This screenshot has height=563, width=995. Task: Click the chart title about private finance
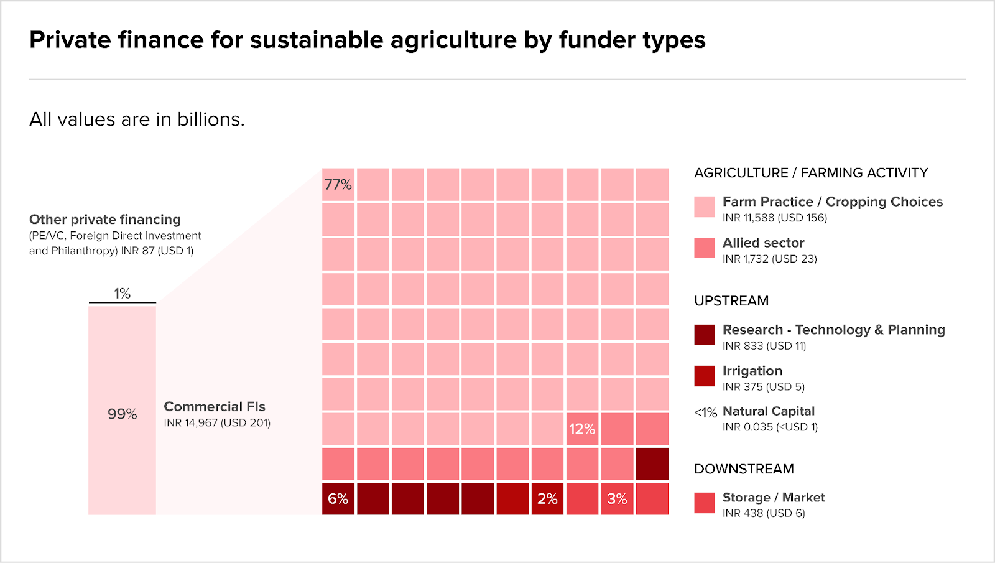coord(367,40)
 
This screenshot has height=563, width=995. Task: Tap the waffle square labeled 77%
coord(338,185)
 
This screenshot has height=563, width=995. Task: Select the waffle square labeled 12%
coord(582,429)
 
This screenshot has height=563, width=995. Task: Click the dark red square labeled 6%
coord(338,498)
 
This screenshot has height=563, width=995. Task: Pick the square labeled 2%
coord(547,498)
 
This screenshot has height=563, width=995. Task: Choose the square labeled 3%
coord(617,498)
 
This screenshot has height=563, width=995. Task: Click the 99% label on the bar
coord(122,414)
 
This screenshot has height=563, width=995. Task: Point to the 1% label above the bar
coord(122,294)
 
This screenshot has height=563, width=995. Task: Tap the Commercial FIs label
coord(215,407)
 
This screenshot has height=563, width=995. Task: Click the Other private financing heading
coord(105,220)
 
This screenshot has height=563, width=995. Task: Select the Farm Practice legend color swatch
coord(705,207)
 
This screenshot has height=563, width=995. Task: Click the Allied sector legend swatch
coord(705,248)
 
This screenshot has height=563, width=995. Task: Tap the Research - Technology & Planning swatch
coord(705,335)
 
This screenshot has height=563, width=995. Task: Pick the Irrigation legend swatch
coord(705,376)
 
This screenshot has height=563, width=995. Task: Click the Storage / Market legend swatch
coord(705,503)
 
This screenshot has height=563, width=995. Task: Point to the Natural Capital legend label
coord(769,411)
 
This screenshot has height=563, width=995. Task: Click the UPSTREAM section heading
coord(731,301)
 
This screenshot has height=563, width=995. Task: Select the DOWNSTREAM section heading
coord(744,469)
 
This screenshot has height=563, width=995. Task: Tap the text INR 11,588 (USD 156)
coord(775,218)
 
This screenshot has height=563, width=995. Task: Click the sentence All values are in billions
coord(137,119)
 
